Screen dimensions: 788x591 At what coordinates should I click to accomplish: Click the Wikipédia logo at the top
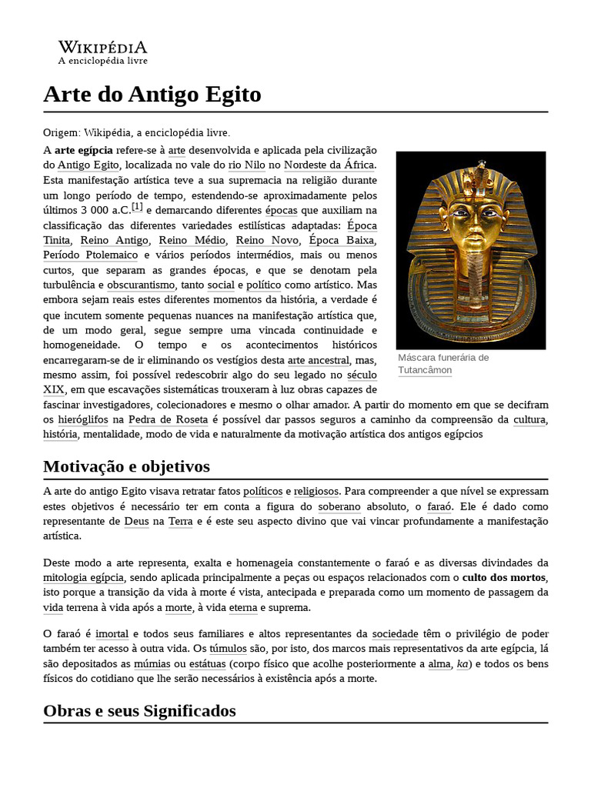click(x=103, y=52)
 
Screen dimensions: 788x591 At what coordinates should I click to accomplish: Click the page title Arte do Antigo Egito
click(x=152, y=95)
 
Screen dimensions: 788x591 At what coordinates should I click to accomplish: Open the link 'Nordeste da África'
click(x=329, y=165)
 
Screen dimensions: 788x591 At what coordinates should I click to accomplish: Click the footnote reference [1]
click(x=137, y=207)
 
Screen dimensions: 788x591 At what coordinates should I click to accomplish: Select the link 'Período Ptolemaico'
click(x=91, y=255)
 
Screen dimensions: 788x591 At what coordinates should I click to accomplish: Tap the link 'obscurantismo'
click(x=142, y=285)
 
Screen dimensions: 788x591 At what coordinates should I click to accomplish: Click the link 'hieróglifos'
click(x=82, y=419)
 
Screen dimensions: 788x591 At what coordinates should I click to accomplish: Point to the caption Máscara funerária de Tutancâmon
click(x=442, y=364)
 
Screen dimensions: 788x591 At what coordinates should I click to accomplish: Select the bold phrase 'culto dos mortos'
click(x=504, y=577)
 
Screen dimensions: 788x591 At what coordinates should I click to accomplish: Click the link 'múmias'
click(x=152, y=663)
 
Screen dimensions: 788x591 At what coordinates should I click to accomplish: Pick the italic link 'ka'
click(x=462, y=663)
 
